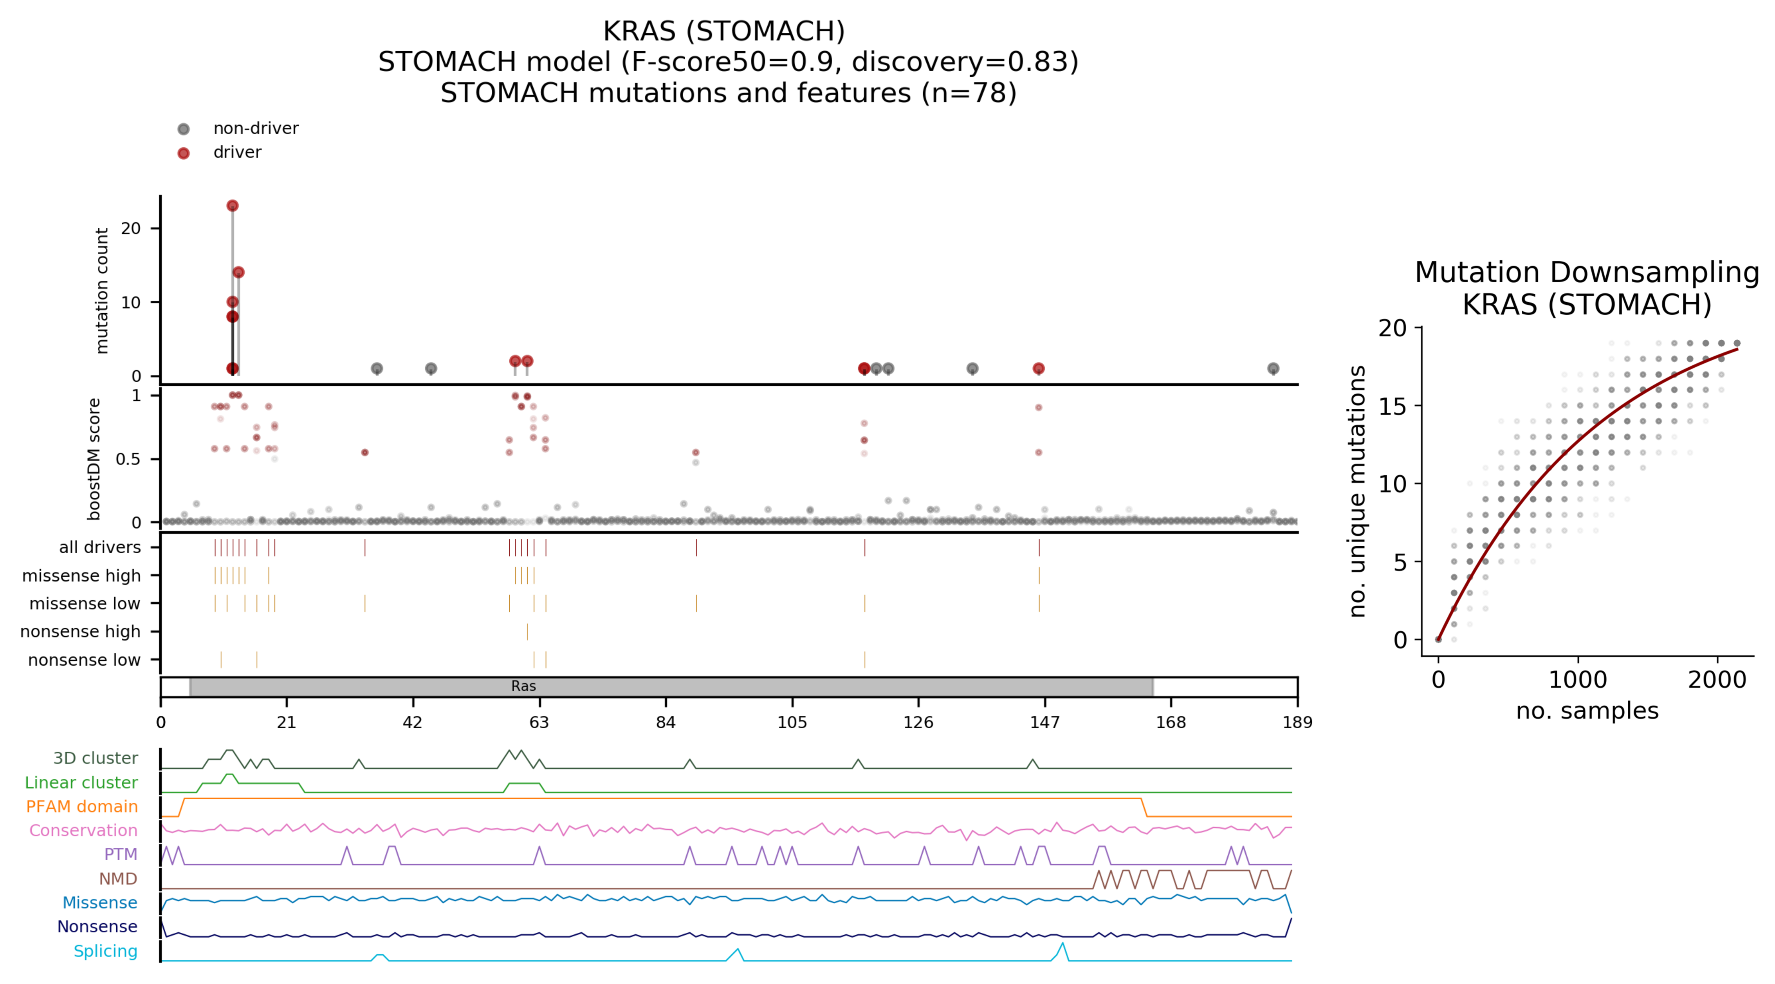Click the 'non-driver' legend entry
pos(255,129)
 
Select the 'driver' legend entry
pos(237,152)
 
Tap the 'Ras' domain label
pos(524,686)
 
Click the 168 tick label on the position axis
pos(1171,722)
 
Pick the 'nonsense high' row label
pos(81,632)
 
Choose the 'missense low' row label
pos(85,604)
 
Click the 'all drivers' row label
pos(100,548)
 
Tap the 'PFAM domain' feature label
pos(82,807)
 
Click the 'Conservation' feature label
pos(83,831)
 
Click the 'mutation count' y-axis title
pos(102,291)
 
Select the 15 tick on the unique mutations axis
pos(1392,406)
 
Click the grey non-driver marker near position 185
pos(1273,368)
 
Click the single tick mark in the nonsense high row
pos(527,632)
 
